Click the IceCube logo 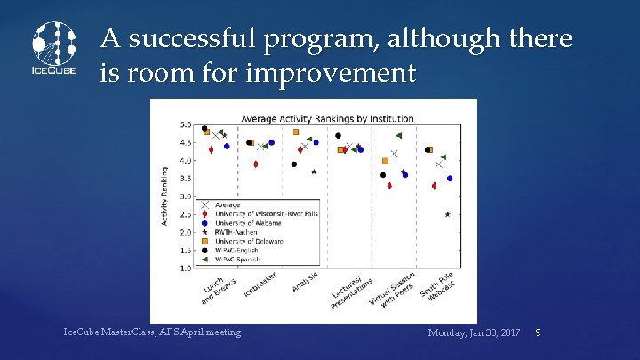coord(54,48)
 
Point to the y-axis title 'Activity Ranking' coord(164,196)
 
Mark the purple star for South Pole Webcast coord(447,214)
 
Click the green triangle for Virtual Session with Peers coord(398,136)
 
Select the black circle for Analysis coord(294,164)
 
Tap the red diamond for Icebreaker coord(256,164)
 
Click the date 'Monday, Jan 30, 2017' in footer coord(474,332)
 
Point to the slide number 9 coord(538,332)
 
